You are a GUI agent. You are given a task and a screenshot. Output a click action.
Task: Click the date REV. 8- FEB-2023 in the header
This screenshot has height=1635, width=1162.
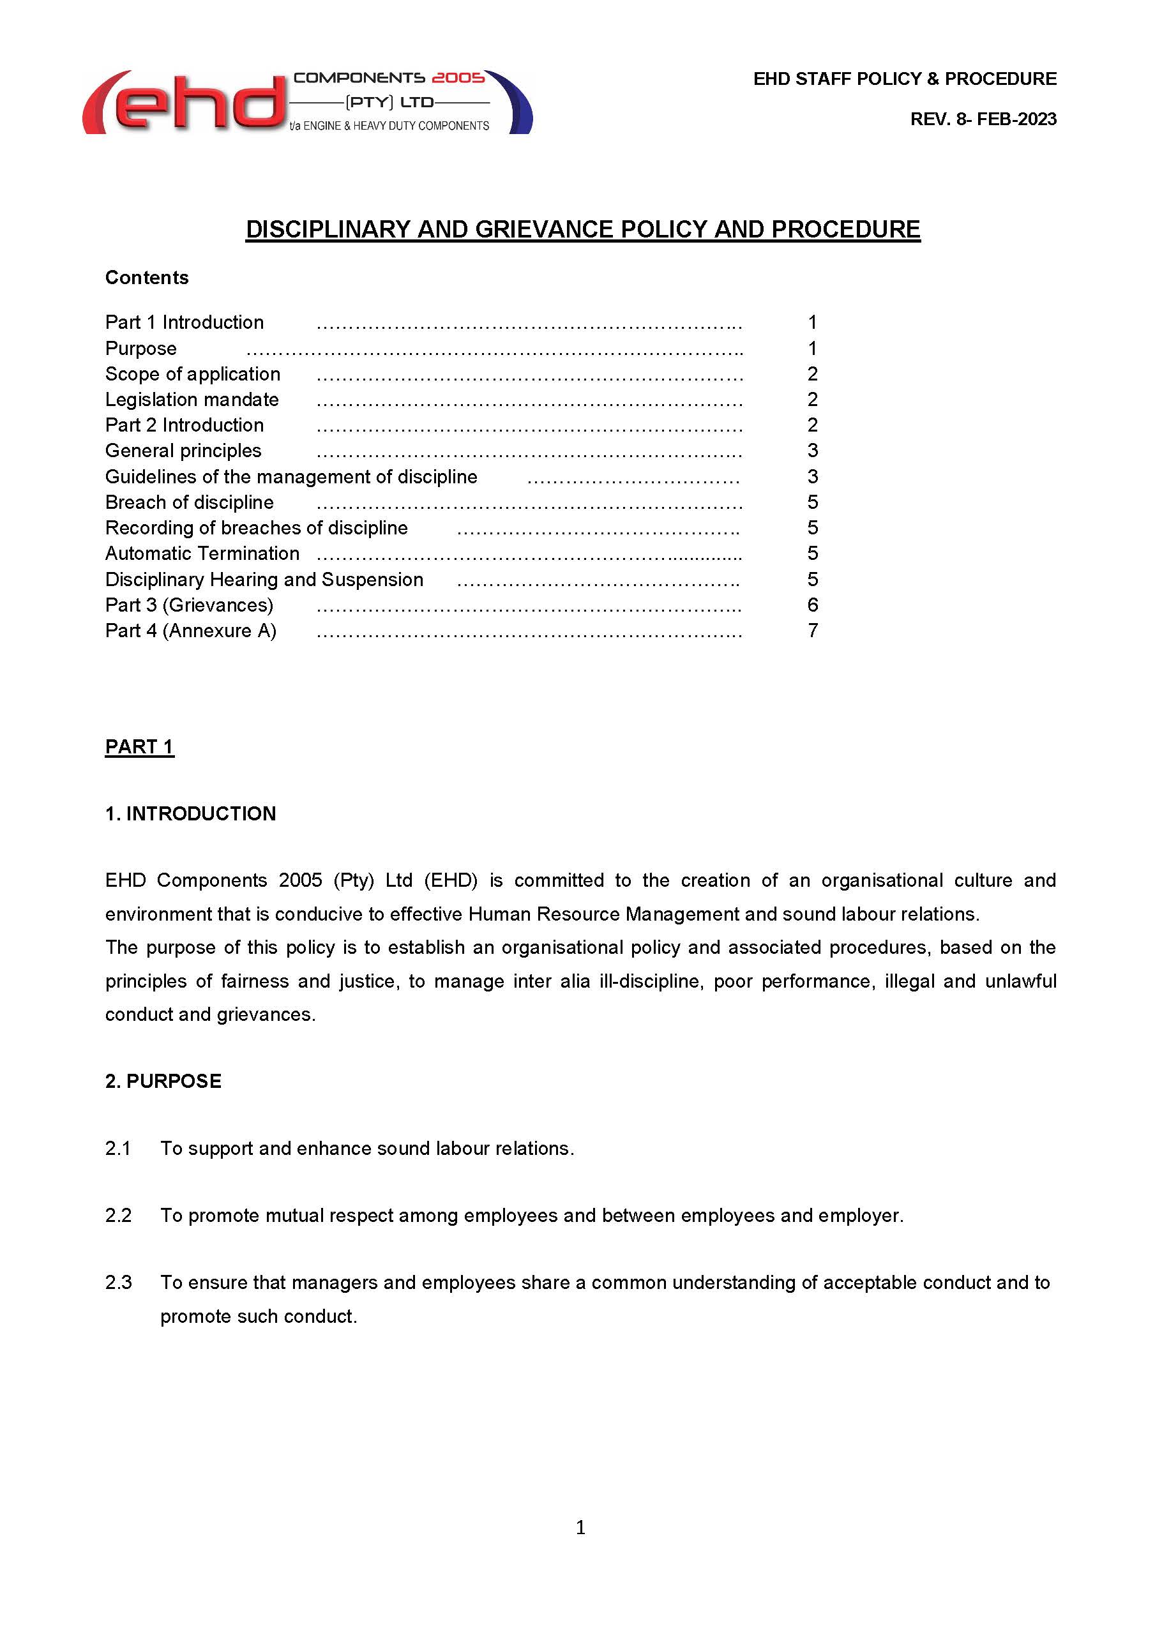click(x=983, y=119)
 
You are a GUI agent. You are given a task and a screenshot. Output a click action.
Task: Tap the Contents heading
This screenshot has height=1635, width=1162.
click(x=147, y=278)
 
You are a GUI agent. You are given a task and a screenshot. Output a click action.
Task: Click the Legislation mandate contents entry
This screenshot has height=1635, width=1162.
click(x=192, y=399)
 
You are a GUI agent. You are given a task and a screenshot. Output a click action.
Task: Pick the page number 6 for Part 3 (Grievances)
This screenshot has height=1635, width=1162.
click(x=812, y=605)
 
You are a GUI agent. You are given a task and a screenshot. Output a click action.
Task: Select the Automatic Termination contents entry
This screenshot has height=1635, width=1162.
click(x=202, y=554)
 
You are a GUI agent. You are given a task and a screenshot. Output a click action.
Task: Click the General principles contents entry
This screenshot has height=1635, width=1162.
click(x=183, y=451)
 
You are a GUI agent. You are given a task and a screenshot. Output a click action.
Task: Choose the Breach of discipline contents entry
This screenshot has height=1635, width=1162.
click(x=189, y=502)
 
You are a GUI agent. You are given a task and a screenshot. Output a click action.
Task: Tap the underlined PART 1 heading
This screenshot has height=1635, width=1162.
click(x=140, y=747)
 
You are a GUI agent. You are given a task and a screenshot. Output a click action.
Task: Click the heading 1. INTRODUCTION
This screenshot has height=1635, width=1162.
click(x=190, y=813)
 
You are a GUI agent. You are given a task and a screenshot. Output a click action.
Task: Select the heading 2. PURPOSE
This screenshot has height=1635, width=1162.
click(x=163, y=1081)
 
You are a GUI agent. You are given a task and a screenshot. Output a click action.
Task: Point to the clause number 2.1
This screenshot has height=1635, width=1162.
click(x=118, y=1149)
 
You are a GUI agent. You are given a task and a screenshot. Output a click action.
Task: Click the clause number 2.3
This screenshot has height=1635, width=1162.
click(x=118, y=1282)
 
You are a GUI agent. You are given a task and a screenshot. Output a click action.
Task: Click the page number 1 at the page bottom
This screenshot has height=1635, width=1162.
click(x=580, y=1528)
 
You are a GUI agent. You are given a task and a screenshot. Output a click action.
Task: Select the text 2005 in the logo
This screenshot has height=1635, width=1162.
click(x=458, y=77)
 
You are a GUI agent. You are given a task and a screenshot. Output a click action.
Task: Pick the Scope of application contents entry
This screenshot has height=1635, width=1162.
click(x=192, y=374)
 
